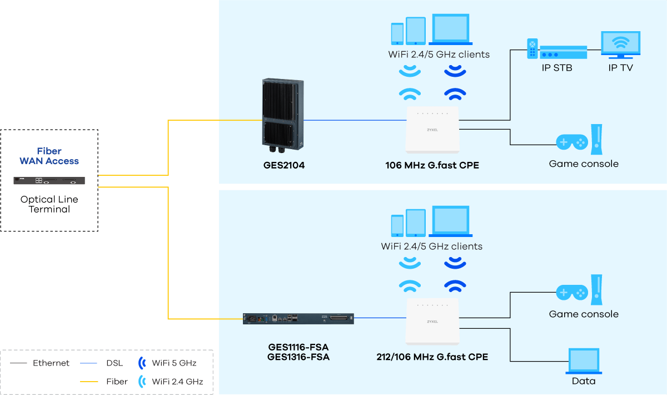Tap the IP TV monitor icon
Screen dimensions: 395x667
[620, 45]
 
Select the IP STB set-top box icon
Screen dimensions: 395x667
[563, 52]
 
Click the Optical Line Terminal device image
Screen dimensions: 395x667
[49, 180]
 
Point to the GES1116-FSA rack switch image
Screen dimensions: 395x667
[298, 318]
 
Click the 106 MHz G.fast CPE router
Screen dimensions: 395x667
[432, 130]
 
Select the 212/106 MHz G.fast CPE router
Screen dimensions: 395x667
[432, 323]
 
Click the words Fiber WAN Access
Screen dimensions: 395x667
[49, 156]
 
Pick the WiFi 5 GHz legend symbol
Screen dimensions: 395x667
[142, 363]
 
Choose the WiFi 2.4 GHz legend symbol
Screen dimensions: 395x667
[142, 382]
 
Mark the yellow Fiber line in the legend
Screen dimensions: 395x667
[89, 382]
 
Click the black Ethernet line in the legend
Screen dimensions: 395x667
[18, 363]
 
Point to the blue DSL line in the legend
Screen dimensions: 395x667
[89, 363]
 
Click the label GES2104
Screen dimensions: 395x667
[283, 165]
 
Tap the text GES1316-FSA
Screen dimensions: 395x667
[298, 357]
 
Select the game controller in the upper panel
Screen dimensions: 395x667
[572, 142]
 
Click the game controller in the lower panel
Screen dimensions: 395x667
[572, 292]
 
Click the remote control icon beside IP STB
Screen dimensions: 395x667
[532, 48]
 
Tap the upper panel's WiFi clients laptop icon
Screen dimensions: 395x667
[450, 31]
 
